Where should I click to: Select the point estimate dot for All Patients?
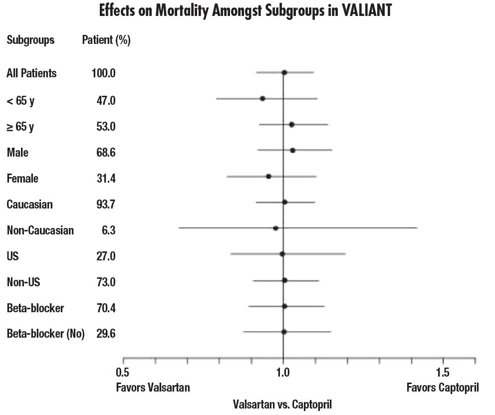coord(284,72)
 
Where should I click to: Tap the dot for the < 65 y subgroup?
coord(262,99)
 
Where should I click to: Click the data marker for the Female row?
coord(268,176)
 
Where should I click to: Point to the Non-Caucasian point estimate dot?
coord(275,228)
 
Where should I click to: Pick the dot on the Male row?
coord(292,150)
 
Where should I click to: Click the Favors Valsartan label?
coord(153,388)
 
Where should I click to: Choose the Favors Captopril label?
coord(443,388)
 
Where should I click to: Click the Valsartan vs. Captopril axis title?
coord(282,404)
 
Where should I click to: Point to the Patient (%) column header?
coord(106,40)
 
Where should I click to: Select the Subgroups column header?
coord(30,40)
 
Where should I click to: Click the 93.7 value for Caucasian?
coord(106,205)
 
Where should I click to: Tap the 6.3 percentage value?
coord(109,230)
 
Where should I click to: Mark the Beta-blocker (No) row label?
coord(45,334)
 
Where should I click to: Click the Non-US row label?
coord(23,282)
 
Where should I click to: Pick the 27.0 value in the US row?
coord(106,256)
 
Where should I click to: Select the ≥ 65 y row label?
coord(20,127)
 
